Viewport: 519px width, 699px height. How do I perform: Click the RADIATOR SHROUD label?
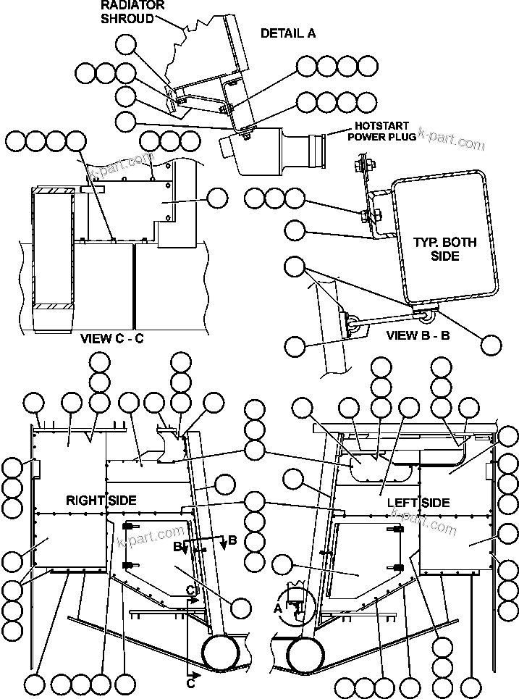click(132, 12)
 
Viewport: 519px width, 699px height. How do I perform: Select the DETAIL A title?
click(287, 33)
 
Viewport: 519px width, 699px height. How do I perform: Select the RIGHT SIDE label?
click(101, 501)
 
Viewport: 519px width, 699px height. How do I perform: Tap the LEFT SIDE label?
click(418, 502)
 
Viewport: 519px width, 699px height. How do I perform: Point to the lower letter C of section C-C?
click(190, 682)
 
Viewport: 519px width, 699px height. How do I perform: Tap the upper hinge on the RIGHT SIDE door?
click(130, 526)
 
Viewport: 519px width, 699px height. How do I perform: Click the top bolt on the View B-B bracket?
click(360, 165)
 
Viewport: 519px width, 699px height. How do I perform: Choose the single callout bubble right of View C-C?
click(217, 198)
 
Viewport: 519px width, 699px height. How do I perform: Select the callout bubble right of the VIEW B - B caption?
click(491, 346)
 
